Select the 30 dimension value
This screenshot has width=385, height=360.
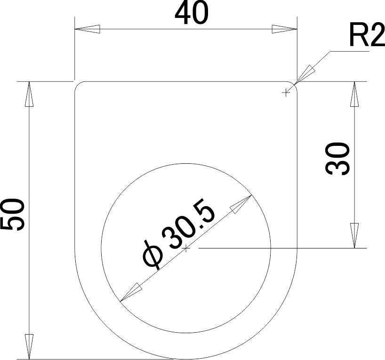point(338,159)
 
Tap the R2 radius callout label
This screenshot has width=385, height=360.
point(367,35)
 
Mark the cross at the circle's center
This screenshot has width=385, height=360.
point(186,248)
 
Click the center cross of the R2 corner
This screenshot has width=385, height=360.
point(285,93)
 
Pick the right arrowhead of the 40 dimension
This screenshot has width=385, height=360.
point(284,29)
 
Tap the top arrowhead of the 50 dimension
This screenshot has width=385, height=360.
point(29,93)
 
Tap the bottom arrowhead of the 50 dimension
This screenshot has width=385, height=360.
point(29,347)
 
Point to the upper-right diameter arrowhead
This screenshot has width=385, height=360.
point(241,203)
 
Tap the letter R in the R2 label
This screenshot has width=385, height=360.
point(357,35)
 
